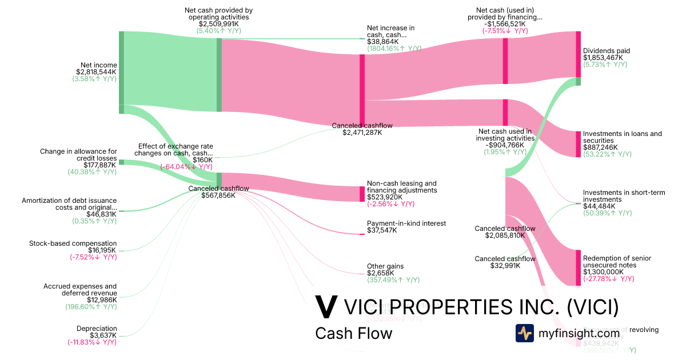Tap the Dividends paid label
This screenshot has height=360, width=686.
click(x=606, y=51)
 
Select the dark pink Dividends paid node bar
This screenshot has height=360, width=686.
click(x=578, y=54)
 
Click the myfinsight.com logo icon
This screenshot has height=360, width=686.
click(x=524, y=333)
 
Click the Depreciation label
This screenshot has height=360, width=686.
click(x=97, y=329)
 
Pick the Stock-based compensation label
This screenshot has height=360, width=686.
click(x=73, y=243)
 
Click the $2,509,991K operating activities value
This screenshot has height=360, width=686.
click(x=218, y=24)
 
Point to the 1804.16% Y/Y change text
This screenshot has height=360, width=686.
click(x=394, y=49)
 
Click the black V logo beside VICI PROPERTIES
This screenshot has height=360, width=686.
click(x=326, y=307)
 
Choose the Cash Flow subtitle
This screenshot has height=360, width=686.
click(x=353, y=334)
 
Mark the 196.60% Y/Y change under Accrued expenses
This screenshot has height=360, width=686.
click(x=91, y=307)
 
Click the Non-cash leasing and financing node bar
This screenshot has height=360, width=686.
click(x=362, y=194)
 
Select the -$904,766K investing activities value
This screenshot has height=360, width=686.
click(x=504, y=145)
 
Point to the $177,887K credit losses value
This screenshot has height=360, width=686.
click(x=100, y=165)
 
